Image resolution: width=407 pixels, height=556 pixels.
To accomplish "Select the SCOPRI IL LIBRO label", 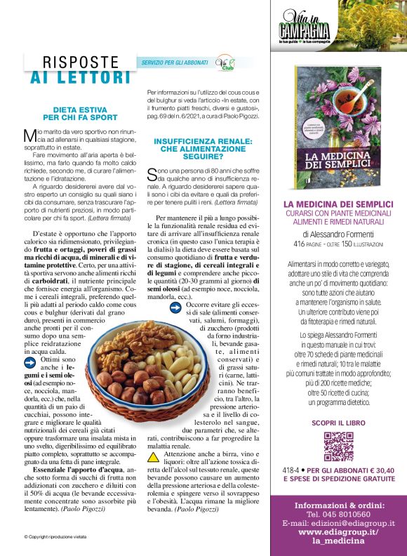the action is pos(338,423).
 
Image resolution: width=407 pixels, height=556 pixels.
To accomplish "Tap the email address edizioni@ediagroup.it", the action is pos(338,523).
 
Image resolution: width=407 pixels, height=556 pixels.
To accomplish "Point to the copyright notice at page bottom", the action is pos(54,537).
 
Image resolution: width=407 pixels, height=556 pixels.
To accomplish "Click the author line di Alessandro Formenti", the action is pos(338,234).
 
